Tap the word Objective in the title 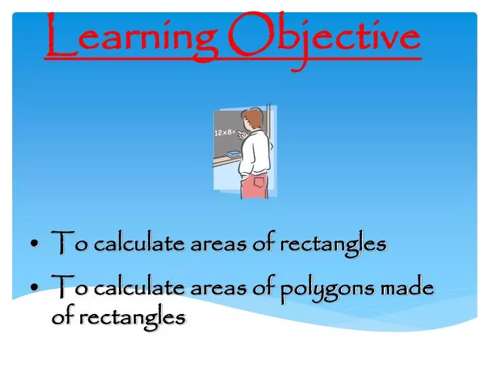pos(325,37)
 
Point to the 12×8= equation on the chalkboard pos(224,133)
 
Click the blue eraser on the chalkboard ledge pos(234,156)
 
